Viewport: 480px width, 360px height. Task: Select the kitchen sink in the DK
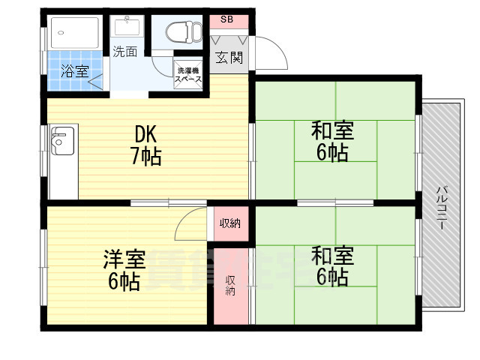tap(61, 140)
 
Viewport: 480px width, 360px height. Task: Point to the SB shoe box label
tap(226, 19)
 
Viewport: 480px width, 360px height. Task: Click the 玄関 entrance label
tap(229, 58)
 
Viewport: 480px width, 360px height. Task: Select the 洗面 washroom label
tap(125, 52)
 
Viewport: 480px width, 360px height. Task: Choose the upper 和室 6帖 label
tap(332, 141)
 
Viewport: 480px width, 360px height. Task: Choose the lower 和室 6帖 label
tap(332, 265)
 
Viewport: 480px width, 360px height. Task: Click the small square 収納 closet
tap(229, 223)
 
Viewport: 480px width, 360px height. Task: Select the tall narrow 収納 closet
tap(230, 286)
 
